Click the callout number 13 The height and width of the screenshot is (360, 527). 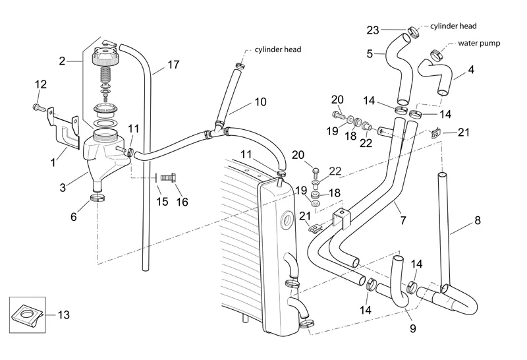63,315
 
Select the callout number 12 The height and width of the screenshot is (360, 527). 41,84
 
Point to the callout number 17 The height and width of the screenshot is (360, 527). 173,65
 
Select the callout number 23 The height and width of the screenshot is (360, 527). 373,30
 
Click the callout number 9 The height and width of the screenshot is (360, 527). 412,328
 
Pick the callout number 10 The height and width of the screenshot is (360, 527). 260,102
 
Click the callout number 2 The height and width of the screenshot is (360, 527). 62,61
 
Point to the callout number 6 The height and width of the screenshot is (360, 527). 74,217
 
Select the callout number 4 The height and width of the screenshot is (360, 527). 471,69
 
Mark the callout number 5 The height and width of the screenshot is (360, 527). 370,53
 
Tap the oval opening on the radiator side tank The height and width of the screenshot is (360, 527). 287,220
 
